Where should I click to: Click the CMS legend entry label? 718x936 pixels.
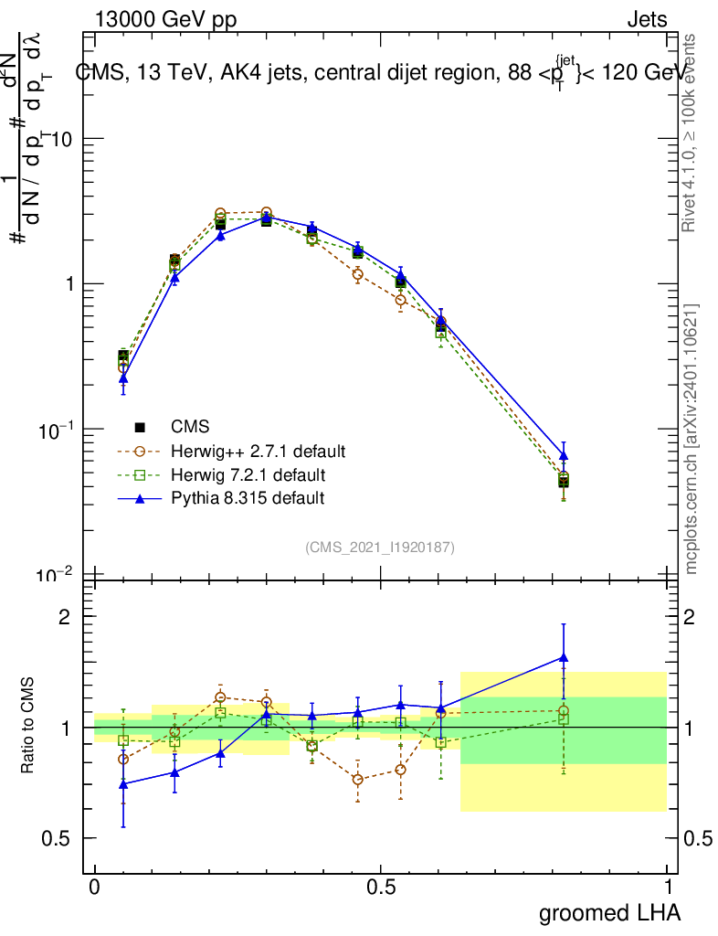tap(190, 427)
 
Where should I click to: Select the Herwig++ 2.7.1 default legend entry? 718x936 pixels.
tap(258, 452)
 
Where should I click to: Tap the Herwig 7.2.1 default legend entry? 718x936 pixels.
tap(248, 475)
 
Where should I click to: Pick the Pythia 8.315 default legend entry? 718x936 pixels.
tap(247, 498)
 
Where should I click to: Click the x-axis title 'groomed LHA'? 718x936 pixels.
tap(609, 912)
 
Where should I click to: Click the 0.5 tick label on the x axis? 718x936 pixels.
tap(381, 888)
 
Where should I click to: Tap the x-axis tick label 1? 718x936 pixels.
tap(668, 888)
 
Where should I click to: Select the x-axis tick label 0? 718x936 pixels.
tap(94, 888)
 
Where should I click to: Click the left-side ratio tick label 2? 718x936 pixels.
tap(64, 616)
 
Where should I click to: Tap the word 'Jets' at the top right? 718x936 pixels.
tap(647, 20)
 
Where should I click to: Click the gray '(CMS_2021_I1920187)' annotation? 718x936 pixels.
tap(380, 547)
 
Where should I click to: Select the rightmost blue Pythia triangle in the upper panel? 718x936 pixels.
tap(564, 455)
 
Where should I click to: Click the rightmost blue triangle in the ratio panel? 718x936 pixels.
tap(564, 657)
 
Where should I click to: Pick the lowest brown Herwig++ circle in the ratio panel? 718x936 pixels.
tap(357, 780)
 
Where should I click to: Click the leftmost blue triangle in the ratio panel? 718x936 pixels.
tap(123, 784)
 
